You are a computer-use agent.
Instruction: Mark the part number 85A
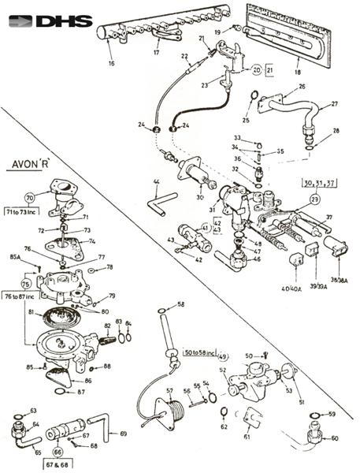click(15, 256)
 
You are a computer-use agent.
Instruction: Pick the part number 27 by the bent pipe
click(335, 104)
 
